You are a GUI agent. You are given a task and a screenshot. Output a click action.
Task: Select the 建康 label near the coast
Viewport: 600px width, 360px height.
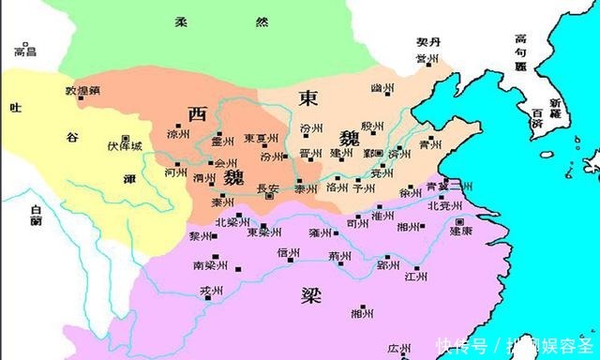coord(460,229)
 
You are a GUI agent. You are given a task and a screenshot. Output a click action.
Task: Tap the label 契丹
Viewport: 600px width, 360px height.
coord(428,43)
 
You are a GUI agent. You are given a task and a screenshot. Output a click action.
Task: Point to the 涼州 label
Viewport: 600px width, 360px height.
coord(176,134)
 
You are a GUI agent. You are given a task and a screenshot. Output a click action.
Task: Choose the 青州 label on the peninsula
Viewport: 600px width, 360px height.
coord(429,145)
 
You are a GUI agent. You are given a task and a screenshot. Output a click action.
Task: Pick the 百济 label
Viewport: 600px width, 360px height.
coord(536,118)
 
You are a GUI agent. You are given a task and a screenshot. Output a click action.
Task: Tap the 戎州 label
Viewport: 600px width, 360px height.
coord(210,292)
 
